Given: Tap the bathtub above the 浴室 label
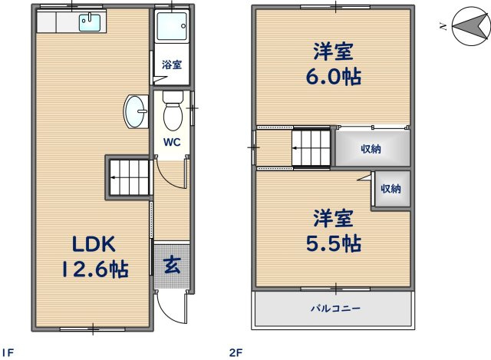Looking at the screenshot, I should coord(169,30).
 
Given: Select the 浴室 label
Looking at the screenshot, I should coord(171,66).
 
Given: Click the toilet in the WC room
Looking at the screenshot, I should coord(172,112).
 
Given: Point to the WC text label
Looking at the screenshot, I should coord(170,142).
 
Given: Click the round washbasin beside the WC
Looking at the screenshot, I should coord(136,113).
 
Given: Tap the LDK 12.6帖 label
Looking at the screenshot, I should coord(94,257).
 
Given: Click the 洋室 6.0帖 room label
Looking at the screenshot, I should coord(332,65).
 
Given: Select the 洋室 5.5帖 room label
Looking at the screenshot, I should coord(332,231).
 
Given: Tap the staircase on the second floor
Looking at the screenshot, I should coord(311,146).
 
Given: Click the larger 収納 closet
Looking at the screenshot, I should coord(371,148).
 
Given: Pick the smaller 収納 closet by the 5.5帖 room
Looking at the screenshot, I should coord(390,189).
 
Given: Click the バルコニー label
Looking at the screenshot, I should coord(335,309).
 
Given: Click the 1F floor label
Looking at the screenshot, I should coord(9,352).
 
